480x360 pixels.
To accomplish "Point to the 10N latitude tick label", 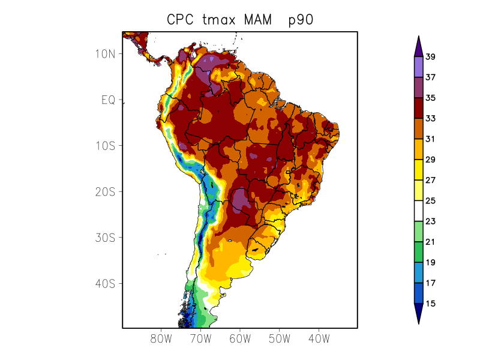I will (105, 53).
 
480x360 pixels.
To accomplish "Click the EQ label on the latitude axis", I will (108, 100).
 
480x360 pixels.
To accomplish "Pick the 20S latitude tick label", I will (105, 191).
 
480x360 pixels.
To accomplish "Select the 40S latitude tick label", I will (105, 283).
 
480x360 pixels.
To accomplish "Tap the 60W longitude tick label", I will (239, 338).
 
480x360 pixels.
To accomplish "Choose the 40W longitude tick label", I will (319, 338).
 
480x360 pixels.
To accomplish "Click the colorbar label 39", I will (430, 57).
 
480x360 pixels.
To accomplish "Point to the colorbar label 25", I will (430, 201).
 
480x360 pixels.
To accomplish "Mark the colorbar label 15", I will (430, 304).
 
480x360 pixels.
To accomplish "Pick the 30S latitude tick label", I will (105, 238).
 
